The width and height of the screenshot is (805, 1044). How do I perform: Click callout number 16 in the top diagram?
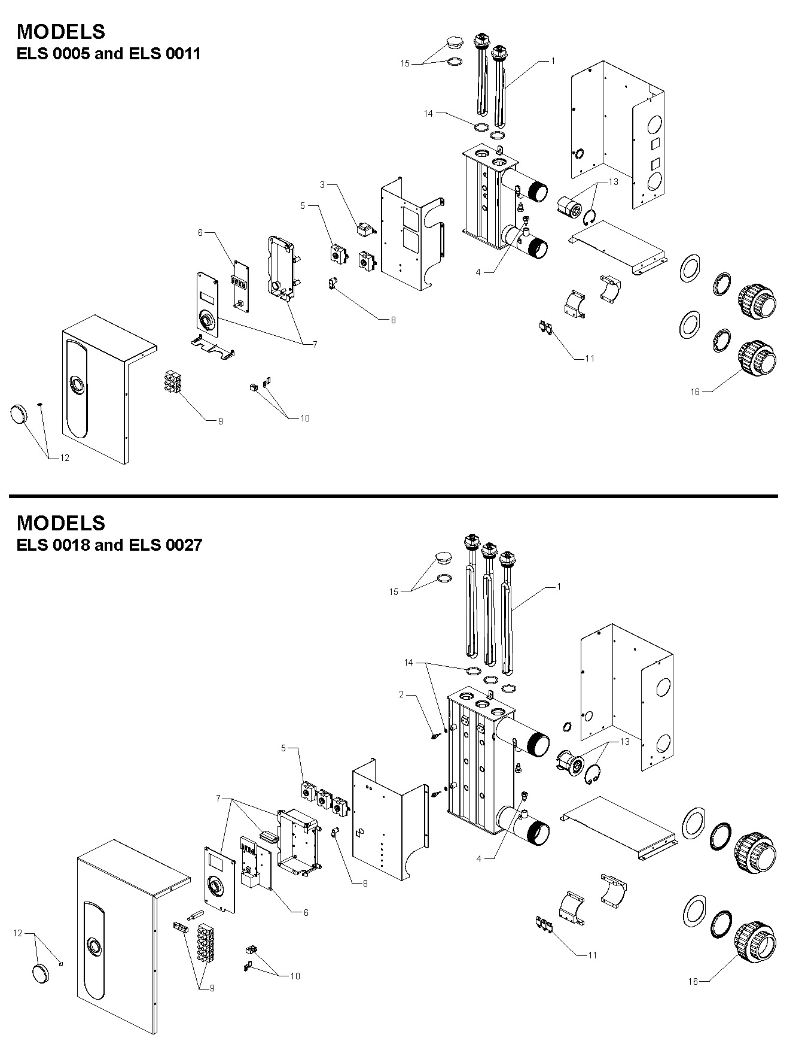pyautogui.click(x=695, y=392)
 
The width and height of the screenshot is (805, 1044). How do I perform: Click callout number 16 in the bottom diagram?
pyautogui.click(x=693, y=981)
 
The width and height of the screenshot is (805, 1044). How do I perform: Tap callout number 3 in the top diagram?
pyautogui.click(x=322, y=185)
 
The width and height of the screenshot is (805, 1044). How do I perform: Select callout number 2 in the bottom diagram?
pyautogui.click(x=402, y=694)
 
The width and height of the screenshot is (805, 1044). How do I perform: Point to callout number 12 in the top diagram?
pyautogui.click(x=65, y=458)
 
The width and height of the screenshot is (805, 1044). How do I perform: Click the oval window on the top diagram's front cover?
pyautogui.click(x=78, y=383)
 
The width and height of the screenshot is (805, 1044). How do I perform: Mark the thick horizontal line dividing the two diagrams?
pyautogui.click(x=393, y=496)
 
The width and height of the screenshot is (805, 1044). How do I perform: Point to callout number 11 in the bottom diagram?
pyautogui.click(x=592, y=955)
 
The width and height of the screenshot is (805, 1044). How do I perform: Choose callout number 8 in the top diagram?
pyautogui.click(x=393, y=320)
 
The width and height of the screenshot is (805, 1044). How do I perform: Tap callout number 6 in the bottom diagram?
pyautogui.click(x=306, y=913)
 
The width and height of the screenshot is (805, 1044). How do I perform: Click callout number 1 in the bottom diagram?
pyautogui.click(x=559, y=587)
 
